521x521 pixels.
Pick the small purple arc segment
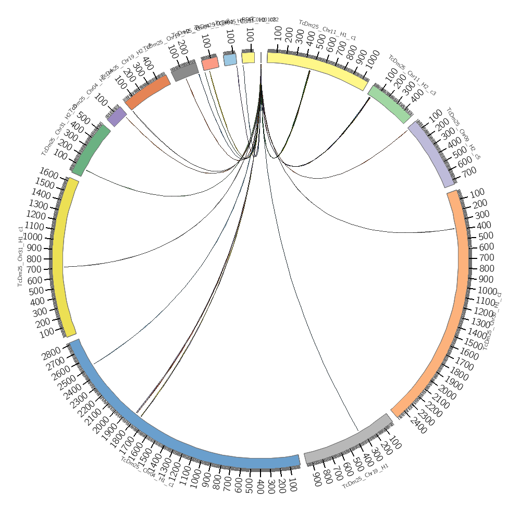tap(117, 116)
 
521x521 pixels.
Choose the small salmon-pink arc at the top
tap(210, 63)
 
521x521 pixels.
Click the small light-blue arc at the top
tap(230, 59)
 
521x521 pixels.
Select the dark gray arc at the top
tap(185, 71)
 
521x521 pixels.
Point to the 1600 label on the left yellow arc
tap(48, 173)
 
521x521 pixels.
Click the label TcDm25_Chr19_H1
tap(365, 476)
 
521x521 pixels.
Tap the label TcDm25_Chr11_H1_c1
tap(327, 30)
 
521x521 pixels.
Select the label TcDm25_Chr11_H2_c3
tap(412, 75)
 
